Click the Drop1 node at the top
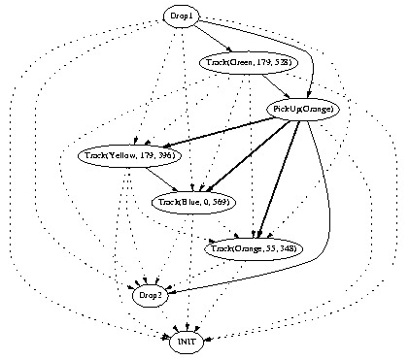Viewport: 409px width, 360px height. (181, 16)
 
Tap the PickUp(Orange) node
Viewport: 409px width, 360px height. (304, 110)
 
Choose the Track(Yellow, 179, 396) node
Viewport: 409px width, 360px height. (126, 155)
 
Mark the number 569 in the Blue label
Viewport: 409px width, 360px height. (218, 201)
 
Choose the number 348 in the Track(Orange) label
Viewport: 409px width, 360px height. (286, 249)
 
